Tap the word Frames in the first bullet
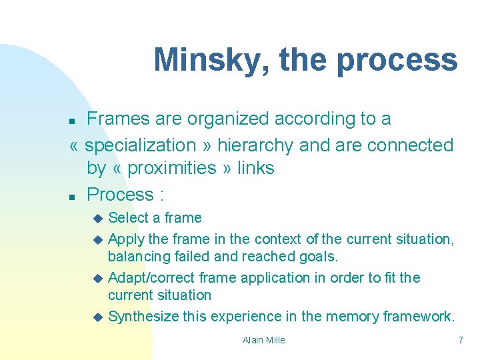click(119, 119)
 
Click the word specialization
click(141, 145)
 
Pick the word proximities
click(171, 168)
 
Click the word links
click(254, 168)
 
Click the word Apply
click(123, 239)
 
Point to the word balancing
click(137, 256)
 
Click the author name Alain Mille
click(263, 340)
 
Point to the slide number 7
click(460, 340)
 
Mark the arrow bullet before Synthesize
click(98, 317)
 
